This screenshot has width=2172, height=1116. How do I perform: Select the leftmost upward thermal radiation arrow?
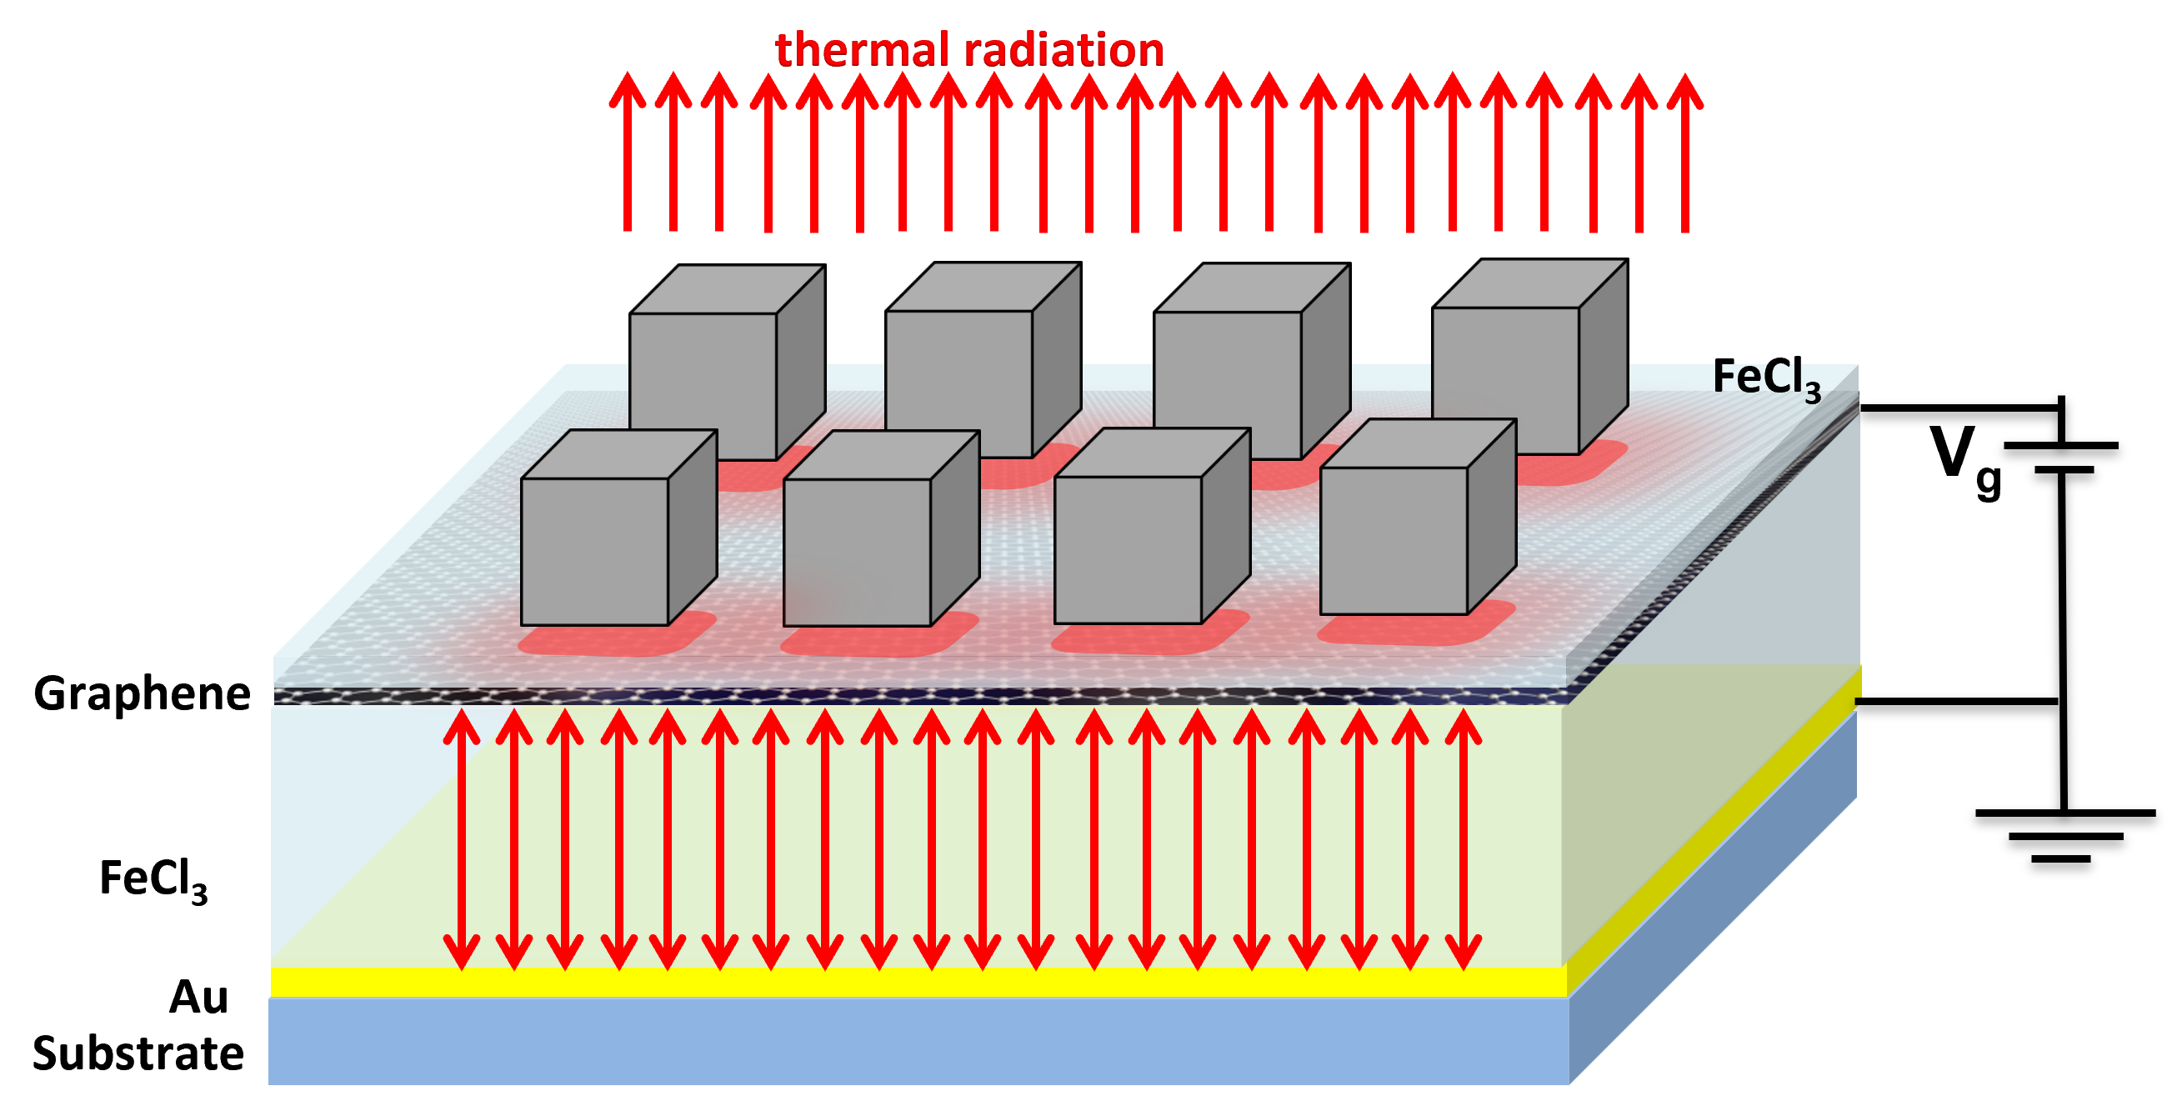[x=628, y=152]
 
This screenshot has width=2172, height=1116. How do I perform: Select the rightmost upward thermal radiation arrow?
[x=1684, y=152]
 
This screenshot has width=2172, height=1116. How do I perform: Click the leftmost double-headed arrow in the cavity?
[x=461, y=839]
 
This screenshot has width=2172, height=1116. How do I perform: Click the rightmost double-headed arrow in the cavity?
[x=1463, y=839]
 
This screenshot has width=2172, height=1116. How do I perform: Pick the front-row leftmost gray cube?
[x=594, y=551]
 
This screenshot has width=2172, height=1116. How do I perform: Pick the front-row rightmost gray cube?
[x=1393, y=540]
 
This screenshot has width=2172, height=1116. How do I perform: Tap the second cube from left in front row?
[x=857, y=552]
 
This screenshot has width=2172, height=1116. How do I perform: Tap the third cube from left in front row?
[x=1128, y=549]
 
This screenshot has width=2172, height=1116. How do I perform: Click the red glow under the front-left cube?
[x=616, y=641]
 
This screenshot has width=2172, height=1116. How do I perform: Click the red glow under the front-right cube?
[x=1417, y=630]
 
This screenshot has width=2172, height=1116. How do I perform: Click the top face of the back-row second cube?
[x=983, y=288]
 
